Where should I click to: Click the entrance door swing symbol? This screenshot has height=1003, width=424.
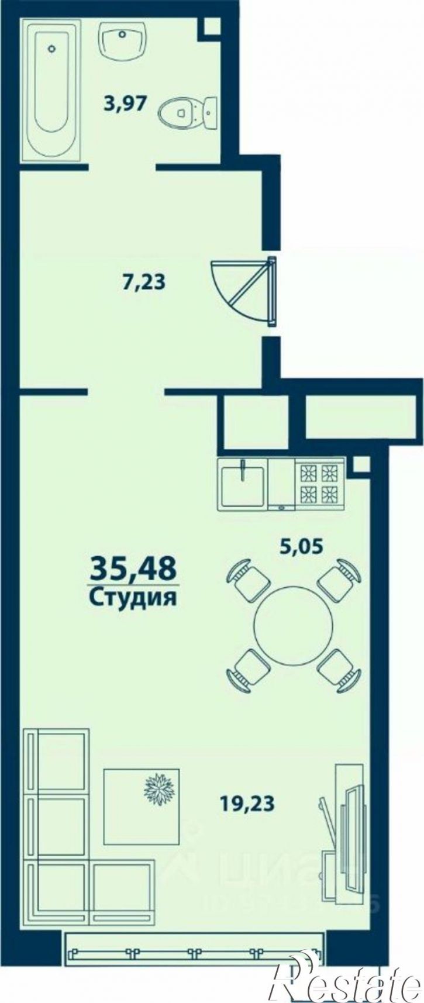[246, 289]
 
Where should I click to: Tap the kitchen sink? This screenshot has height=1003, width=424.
[243, 484]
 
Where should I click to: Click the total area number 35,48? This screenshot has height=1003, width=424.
[133, 568]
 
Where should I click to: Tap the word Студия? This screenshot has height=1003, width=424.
[133, 597]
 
